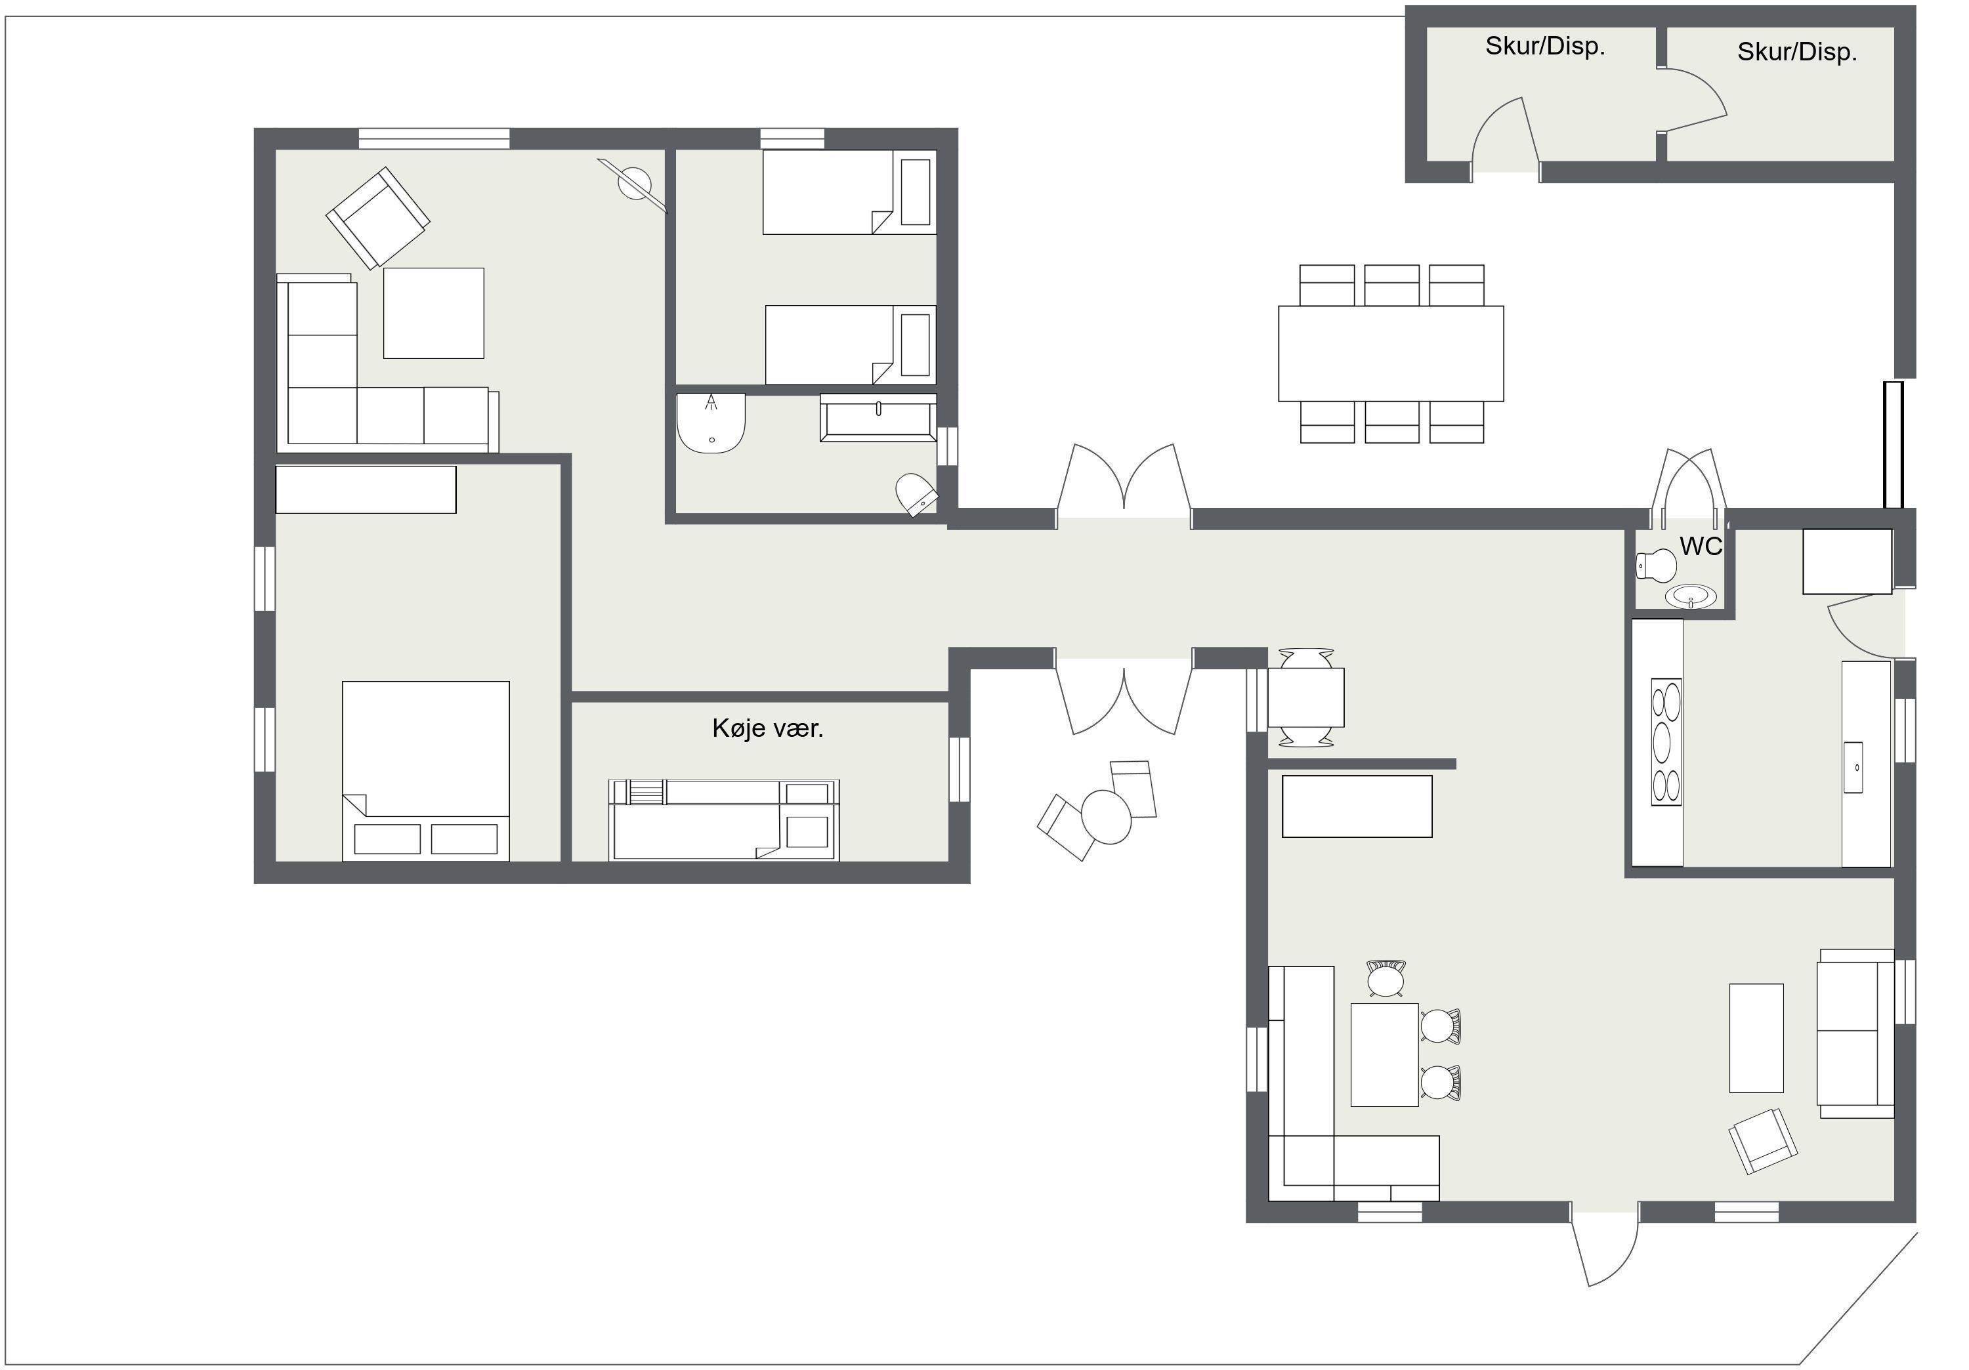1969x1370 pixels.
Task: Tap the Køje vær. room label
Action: [x=767, y=729]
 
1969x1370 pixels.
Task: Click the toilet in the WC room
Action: [x=1656, y=566]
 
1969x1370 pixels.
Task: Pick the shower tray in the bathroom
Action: [x=711, y=423]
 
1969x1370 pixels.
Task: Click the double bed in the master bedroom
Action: [x=426, y=772]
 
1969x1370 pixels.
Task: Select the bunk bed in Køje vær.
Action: [x=724, y=820]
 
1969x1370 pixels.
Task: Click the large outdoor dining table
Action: [x=1391, y=353]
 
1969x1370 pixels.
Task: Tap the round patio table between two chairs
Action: [x=1107, y=817]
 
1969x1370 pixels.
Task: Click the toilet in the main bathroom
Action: [x=916, y=494]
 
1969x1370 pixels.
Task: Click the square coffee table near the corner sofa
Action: [x=433, y=313]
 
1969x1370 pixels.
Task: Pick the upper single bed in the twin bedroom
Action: [x=849, y=192]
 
